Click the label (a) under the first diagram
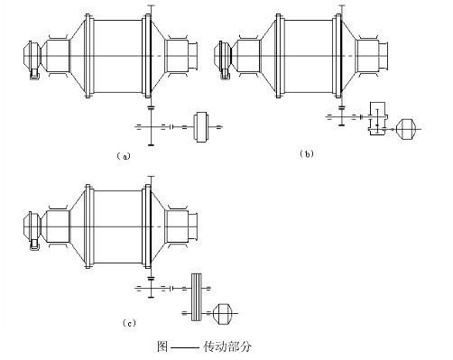[124, 156]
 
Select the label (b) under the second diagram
[307, 154]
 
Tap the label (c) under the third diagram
[129, 323]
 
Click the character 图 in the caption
[162, 346]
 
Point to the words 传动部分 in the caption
[227, 346]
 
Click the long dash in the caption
[185, 348]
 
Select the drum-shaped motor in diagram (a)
[201, 126]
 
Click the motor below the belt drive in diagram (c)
[223, 313]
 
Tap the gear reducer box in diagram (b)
[378, 119]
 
